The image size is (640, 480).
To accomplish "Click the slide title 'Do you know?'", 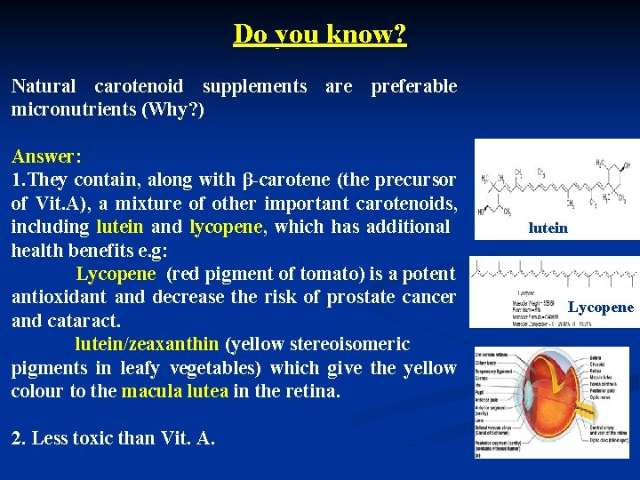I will pyautogui.click(x=320, y=34).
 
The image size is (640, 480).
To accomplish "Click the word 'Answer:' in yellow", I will pyautogui.click(x=46, y=156).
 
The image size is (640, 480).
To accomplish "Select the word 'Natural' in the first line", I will pyautogui.click(x=43, y=86).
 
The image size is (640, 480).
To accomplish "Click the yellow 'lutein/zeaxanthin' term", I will pyautogui.click(x=147, y=344).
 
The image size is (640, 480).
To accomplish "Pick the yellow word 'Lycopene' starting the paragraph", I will pyautogui.click(x=116, y=274).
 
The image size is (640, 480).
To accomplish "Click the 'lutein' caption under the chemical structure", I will pyautogui.click(x=548, y=228).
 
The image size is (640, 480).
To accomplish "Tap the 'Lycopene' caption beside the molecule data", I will pyautogui.click(x=601, y=308).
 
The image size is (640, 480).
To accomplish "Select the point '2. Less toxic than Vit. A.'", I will pyautogui.click(x=113, y=437).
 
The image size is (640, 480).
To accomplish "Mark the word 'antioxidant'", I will pyautogui.click(x=60, y=297).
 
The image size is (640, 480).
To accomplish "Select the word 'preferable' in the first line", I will pyautogui.click(x=413, y=86).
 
